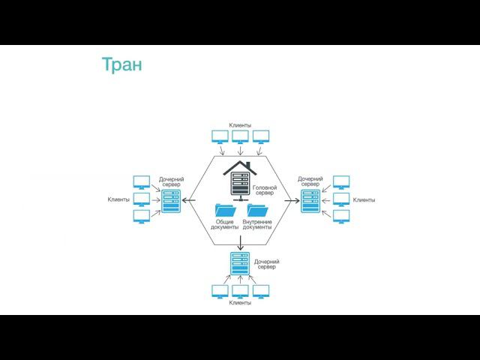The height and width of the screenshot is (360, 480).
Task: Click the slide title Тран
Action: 121,64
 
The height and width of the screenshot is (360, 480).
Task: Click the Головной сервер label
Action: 265,190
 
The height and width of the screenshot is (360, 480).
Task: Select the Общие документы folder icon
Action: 225,211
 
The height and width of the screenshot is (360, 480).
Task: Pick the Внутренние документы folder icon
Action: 257,211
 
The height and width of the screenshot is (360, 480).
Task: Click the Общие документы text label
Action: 225,225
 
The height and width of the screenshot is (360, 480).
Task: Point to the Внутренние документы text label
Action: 257,225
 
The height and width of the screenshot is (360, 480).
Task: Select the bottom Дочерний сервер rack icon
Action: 240,265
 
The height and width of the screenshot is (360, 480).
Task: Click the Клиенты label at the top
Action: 240,125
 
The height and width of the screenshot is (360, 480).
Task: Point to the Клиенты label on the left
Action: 118,199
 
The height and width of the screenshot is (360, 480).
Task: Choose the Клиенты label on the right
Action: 364,200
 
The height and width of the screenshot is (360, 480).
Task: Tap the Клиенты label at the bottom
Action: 240,303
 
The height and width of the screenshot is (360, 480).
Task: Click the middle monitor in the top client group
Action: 240,136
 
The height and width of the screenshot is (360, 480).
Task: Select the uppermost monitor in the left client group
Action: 141,181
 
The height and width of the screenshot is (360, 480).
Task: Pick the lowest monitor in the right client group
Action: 341,217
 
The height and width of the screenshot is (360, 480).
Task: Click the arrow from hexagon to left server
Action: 193,200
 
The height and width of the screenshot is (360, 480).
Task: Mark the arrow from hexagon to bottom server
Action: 240,241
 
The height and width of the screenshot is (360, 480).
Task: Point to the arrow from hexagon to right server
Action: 289,200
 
